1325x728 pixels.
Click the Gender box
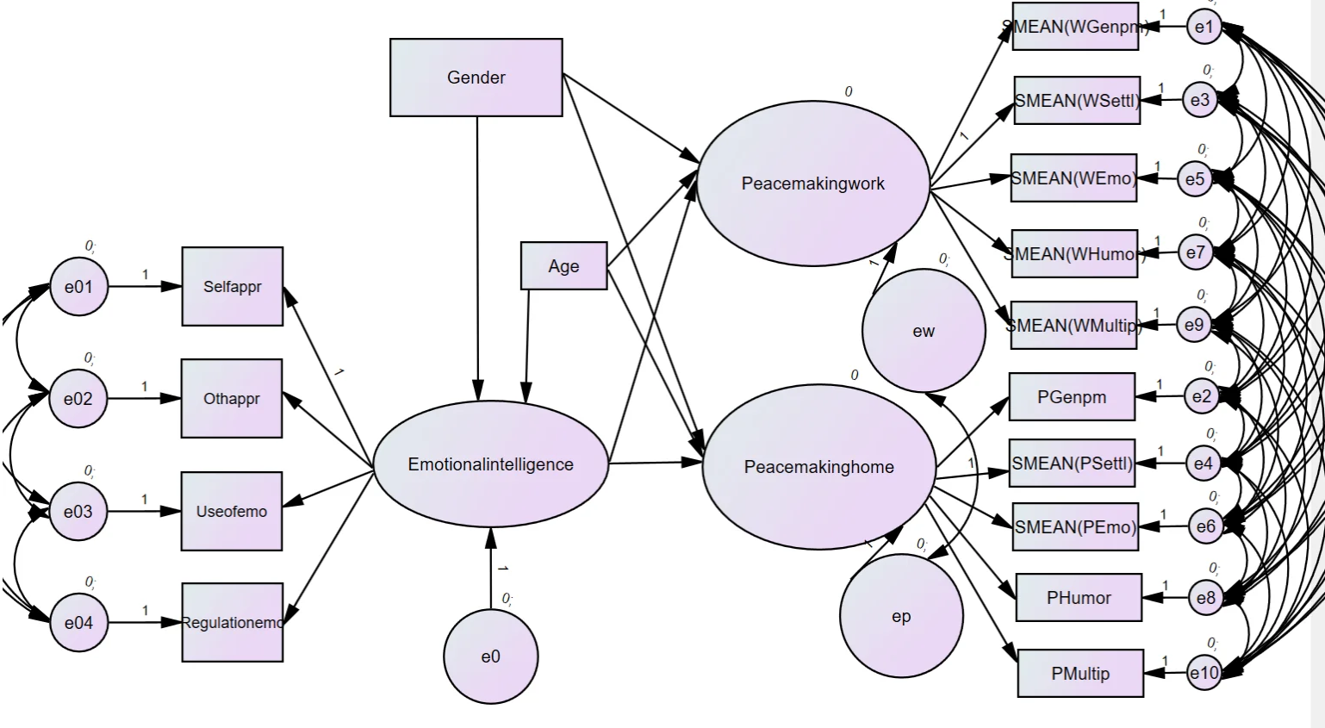(476, 78)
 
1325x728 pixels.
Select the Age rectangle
(563, 266)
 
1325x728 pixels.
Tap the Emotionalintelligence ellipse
(490, 464)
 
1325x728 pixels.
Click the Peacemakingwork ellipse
(813, 184)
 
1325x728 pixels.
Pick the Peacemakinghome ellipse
(818, 467)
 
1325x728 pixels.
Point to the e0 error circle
(490, 656)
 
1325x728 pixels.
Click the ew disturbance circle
(924, 331)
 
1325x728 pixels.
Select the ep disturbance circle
(901, 616)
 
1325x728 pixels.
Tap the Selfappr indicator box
(232, 287)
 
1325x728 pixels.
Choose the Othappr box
(231, 399)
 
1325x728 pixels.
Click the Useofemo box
(231, 511)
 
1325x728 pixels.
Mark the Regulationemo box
(232, 623)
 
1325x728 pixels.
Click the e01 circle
(78, 287)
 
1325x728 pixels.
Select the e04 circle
(78, 623)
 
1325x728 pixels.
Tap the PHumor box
(1079, 598)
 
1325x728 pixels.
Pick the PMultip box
(1080, 674)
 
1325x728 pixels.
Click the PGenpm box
(1072, 397)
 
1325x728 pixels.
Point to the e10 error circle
(1204, 673)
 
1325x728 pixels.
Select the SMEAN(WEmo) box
(1073, 178)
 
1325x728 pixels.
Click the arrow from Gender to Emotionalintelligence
(477, 258)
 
